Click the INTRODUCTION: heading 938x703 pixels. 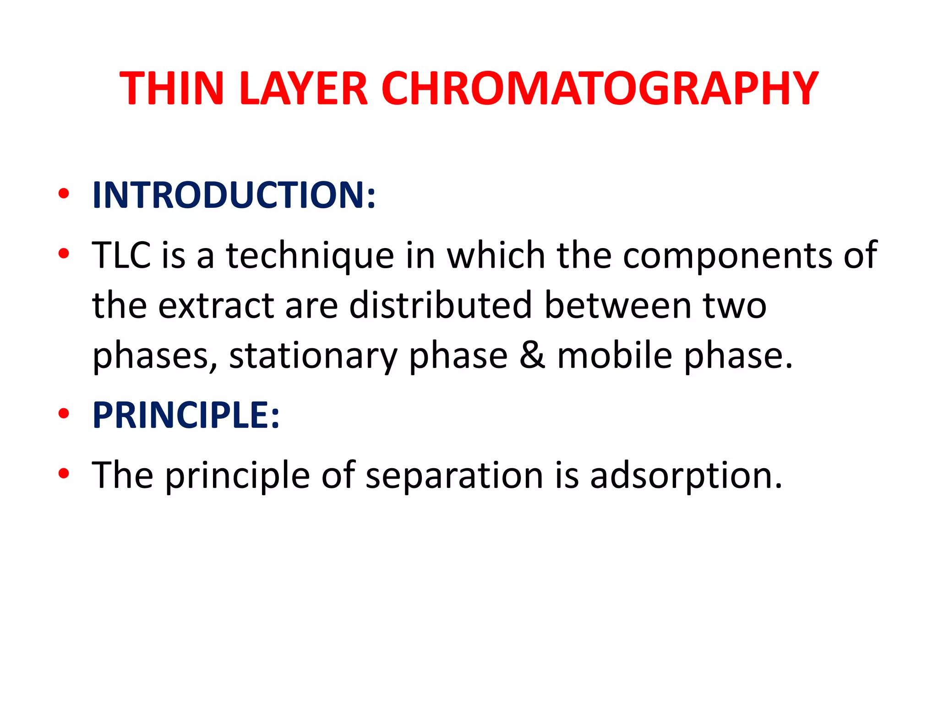(234, 195)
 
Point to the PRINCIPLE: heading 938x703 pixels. (186, 415)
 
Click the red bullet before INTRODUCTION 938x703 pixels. (64, 193)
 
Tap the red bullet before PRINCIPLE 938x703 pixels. (64, 413)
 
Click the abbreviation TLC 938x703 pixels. (122, 255)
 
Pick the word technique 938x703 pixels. (310, 256)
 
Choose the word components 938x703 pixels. (727, 256)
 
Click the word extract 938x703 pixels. (216, 305)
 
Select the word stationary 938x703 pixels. (313, 356)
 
